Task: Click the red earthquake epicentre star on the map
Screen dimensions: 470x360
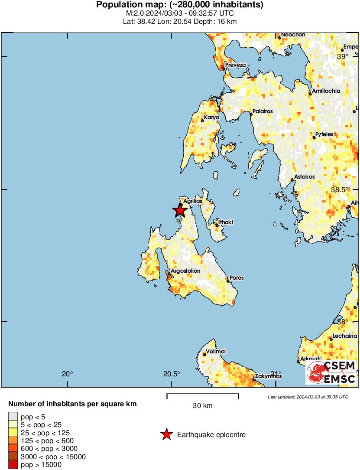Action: pos(180,211)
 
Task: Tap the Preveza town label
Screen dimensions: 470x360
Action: pos(235,65)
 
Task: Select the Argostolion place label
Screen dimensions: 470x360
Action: pos(186,271)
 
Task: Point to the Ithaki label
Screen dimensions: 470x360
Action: pos(225,222)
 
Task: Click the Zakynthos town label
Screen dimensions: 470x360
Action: pos(269,376)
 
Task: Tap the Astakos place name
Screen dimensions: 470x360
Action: pos(304,177)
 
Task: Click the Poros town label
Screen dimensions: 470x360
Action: pos(237,278)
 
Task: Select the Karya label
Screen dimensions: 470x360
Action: pos(212,117)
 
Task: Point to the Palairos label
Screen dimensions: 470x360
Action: pos(263,111)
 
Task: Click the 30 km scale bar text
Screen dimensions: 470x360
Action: pos(202,406)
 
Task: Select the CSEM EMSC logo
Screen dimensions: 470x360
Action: pos(331,372)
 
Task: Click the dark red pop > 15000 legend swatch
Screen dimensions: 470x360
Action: pos(13,465)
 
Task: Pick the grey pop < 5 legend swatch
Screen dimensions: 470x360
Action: pos(13,417)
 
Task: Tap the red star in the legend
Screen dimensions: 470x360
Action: pos(166,434)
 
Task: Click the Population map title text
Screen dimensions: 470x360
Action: pos(180,5)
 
